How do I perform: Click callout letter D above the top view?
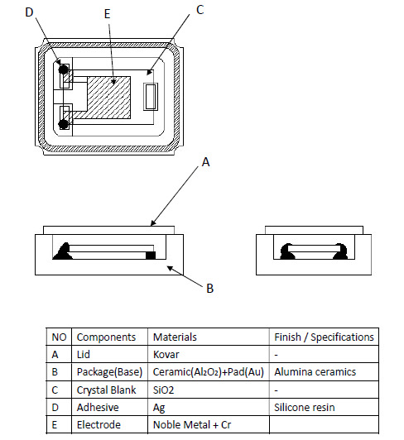coord(29,12)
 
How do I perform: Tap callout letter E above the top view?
coord(107,14)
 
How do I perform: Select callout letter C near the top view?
coord(200,10)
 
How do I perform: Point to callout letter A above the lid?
coord(206,162)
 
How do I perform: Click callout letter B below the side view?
coord(210,288)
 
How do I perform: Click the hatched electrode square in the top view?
coord(109,98)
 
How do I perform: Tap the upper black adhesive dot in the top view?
coord(64,69)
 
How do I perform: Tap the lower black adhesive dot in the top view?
coord(64,124)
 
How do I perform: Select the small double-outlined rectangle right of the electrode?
coord(151,97)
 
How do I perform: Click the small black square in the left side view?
coord(151,256)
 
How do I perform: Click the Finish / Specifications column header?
coord(324,337)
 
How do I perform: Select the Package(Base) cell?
coord(109,372)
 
